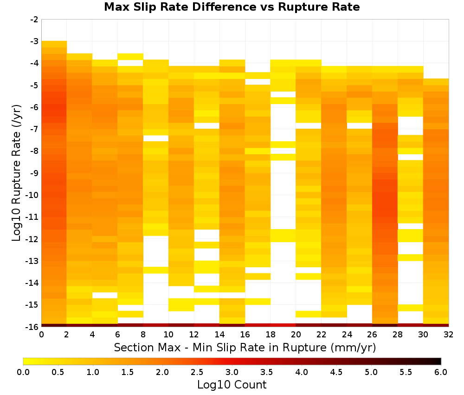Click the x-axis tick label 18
click(x=271, y=335)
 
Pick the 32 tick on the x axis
click(x=449, y=335)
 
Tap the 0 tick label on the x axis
click(x=41, y=335)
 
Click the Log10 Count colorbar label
click(x=232, y=385)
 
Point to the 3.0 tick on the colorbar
click(x=232, y=372)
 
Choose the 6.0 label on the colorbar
click(x=441, y=372)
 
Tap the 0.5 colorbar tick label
click(x=58, y=372)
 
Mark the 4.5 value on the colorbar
click(x=336, y=372)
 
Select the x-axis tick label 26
click(x=372, y=335)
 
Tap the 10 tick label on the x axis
click(x=169, y=335)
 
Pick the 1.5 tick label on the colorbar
click(x=128, y=372)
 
